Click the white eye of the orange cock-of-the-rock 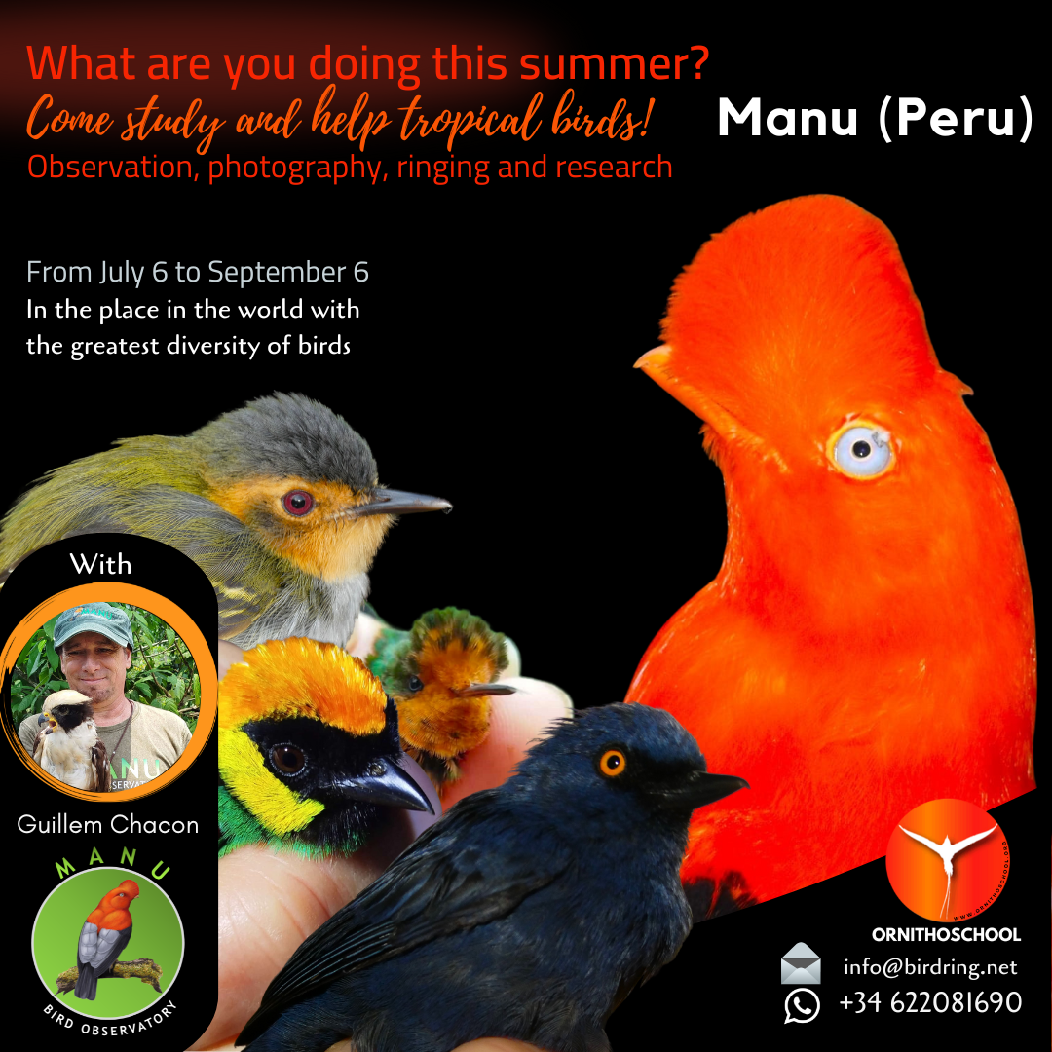point(861,449)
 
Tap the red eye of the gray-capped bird point(297,502)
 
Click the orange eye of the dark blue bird point(612,763)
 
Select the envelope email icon point(801,963)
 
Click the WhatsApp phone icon point(802,1005)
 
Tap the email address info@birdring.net point(930,967)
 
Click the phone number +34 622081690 point(930,1002)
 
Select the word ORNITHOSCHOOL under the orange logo point(946,934)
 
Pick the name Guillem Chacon point(108,824)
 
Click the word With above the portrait point(100,564)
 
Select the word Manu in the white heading point(788,118)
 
